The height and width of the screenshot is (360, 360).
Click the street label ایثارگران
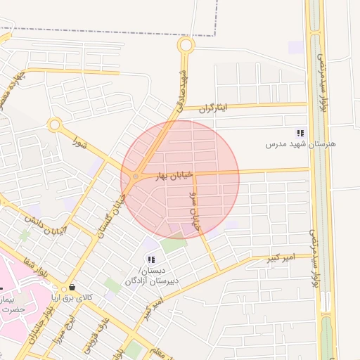pos(214,108)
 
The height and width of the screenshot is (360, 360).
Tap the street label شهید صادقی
pos(182,87)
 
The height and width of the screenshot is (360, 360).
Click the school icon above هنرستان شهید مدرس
pos(301,133)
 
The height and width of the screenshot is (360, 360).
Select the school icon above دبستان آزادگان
pos(151,259)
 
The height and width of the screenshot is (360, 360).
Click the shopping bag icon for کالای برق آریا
pos(72,288)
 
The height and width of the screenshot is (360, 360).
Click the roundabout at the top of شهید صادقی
pos(186,46)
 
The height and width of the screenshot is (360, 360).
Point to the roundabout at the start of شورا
pos(54,125)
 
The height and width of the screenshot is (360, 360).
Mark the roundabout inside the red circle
pos(134,177)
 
